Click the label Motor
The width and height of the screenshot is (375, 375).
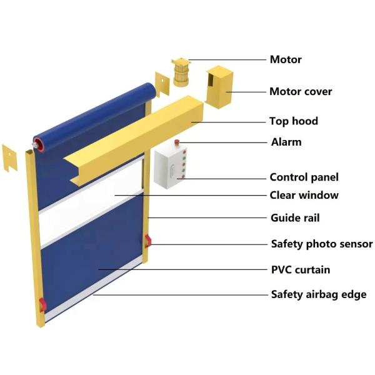point(286,60)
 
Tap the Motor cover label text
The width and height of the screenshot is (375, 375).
point(301,92)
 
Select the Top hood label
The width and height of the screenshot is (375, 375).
point(293,121)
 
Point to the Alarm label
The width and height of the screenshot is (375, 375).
point(286,142)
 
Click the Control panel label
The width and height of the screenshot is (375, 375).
point(304,177)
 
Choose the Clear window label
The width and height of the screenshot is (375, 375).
point(304,195)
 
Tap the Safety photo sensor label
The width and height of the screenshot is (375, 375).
point(321,244)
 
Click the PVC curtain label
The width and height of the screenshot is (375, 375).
point(300,270)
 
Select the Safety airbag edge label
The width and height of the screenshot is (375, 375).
point(318,294)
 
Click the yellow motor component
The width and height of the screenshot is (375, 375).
point(180,70)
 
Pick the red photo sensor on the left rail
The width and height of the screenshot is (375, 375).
point(42,304)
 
